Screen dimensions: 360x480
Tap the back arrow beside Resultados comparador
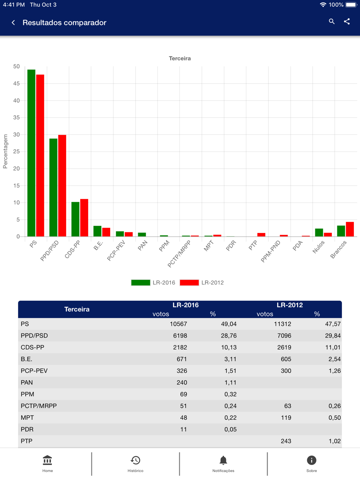pos(13,23)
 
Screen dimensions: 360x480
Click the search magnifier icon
pos(332,22)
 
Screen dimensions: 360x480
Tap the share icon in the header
pos(347,22)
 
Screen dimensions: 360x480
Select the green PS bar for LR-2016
pos(31,153)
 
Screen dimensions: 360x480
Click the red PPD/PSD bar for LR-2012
pos(62,186)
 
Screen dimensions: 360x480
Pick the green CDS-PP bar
pos(75,219)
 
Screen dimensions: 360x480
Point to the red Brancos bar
pos(350,229)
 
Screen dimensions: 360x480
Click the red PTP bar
pos(261,235)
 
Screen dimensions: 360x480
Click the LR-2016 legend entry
pos(153,283)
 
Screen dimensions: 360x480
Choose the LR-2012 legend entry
pos(202,283)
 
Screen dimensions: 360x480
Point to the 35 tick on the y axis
pos(17,118)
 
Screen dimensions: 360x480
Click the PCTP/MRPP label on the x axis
pos(179,254)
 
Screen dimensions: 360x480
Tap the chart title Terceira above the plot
pos(180,58)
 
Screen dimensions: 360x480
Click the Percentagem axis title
pos(5,151)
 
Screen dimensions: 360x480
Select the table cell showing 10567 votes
pos(178,324)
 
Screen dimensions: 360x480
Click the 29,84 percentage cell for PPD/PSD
pos(333,336)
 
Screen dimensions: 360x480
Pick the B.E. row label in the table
pos(26,359)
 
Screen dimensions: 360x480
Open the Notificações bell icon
pos(223,460)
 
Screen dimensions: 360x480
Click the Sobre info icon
pos(311,460)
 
